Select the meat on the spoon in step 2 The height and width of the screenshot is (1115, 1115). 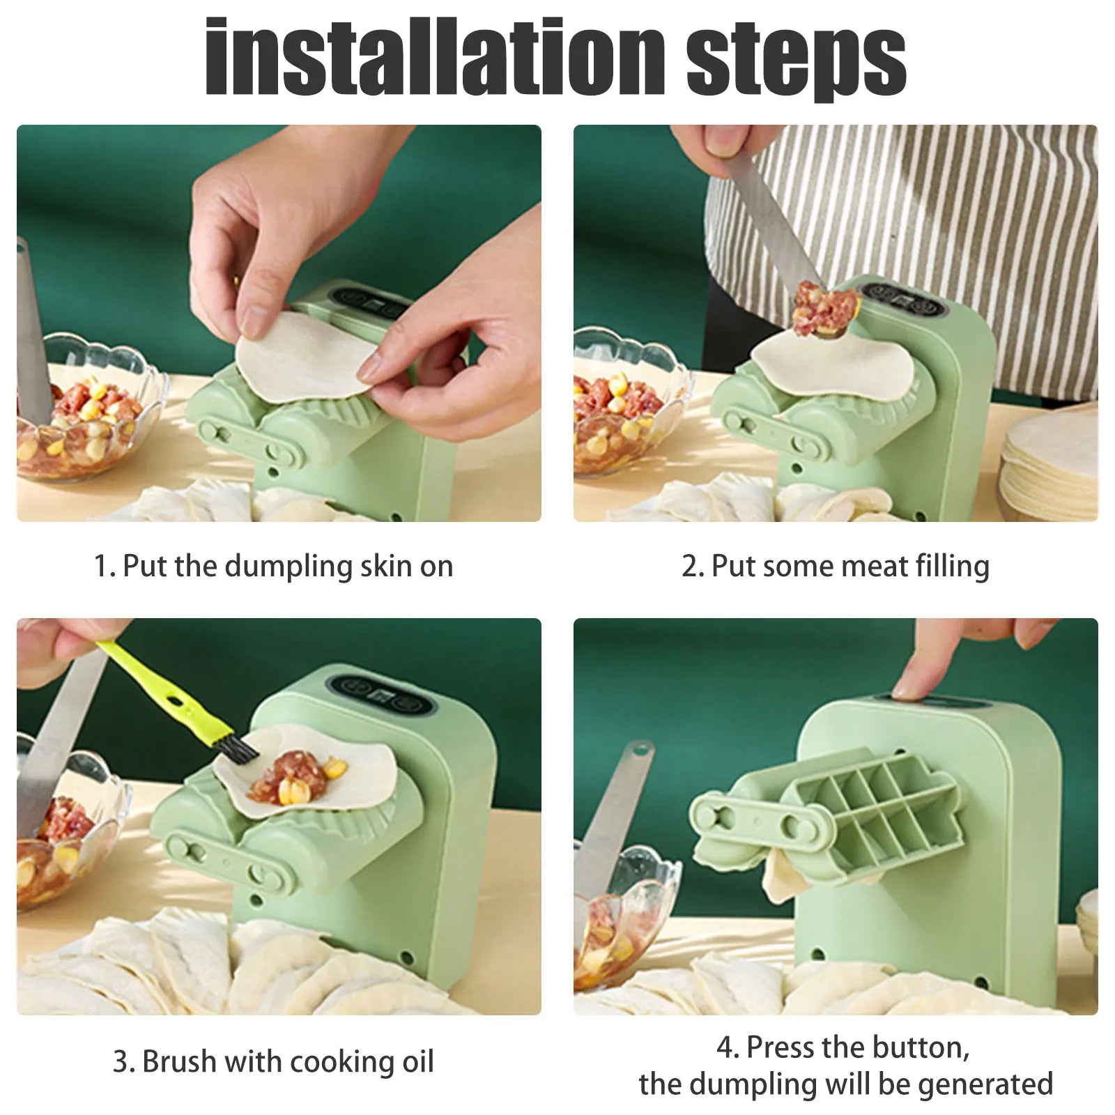pyautogui.click(x=826, y=307)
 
